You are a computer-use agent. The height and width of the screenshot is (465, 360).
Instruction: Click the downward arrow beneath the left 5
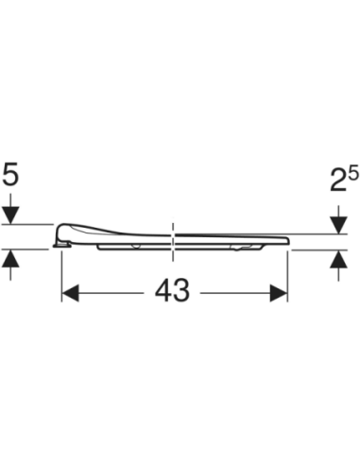point(11,215)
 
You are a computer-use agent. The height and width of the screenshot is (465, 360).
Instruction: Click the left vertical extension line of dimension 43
point(61,274)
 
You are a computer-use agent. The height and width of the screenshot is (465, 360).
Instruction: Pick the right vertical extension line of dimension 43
point(288,274)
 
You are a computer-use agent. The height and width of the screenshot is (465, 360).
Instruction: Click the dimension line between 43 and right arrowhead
point(236,293)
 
